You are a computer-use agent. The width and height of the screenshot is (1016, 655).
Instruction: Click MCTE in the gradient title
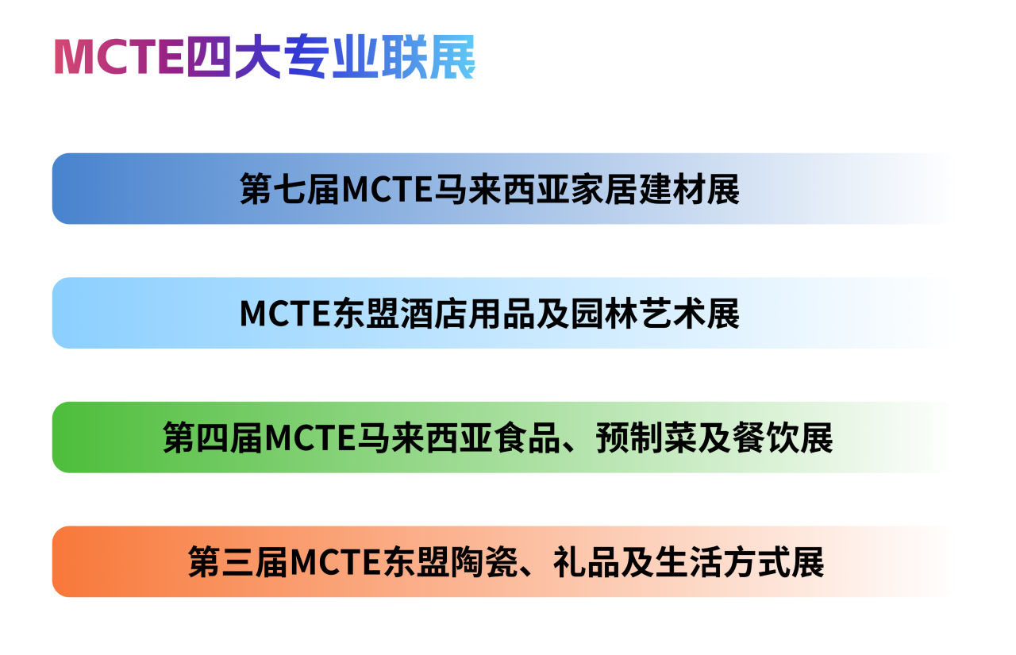tap(119, 56)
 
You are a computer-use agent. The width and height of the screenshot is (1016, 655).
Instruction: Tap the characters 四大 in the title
tap(234, 56)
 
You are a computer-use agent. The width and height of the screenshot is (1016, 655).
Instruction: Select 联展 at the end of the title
tap(429, 56)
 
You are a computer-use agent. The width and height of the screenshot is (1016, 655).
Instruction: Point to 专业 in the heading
tap(332, 56)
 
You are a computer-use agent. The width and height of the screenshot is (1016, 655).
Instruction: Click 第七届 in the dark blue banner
tap(290, 189)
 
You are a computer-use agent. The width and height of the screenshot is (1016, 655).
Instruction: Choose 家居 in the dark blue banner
tap(604, 189)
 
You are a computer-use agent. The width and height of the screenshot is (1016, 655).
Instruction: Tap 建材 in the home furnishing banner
tap(672, 189)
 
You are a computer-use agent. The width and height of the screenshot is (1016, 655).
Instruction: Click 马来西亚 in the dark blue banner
tap(502, 189)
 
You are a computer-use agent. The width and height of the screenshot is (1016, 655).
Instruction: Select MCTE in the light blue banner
tap(285, 314)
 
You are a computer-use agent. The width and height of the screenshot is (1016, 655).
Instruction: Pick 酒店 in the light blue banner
tap(434, 314)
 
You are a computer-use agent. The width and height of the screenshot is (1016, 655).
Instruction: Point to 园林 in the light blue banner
tap(604, 314)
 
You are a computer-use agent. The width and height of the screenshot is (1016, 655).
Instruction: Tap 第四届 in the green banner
tap(213, 437)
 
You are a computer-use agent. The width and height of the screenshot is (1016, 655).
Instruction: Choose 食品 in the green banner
tap(528, 437)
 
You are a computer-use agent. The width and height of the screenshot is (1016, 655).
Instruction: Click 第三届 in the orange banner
tap(238, 562)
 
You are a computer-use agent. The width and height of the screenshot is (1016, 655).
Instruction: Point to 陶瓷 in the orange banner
tap(484, 562)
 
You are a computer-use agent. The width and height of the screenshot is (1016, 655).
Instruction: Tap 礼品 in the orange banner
tap(587, 562)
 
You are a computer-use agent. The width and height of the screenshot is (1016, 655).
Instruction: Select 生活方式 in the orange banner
tap(723, 562)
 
